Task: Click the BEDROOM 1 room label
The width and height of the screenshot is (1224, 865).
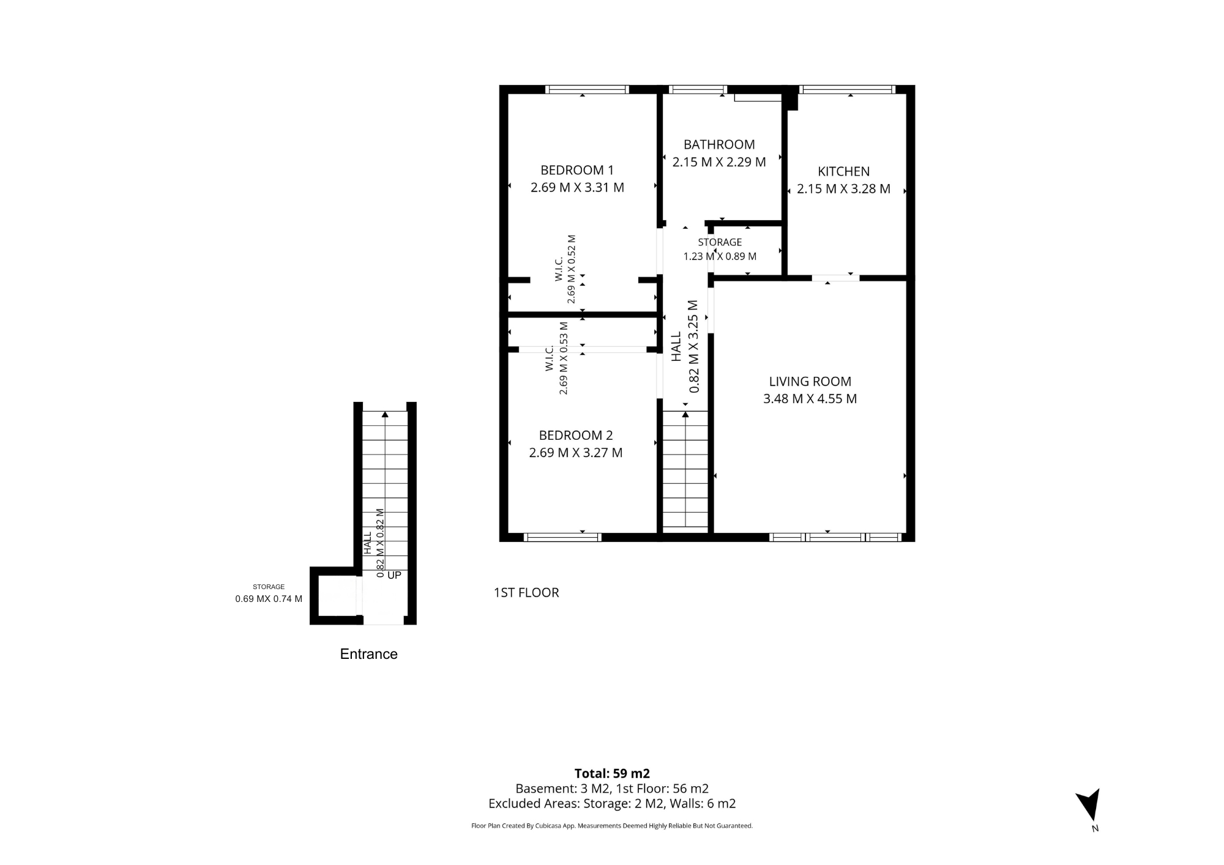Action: [577, 170]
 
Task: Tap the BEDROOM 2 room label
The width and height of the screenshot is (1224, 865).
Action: [576, 436]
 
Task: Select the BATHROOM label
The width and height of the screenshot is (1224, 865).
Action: [719, 144]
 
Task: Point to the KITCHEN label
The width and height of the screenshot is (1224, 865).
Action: [843, 171]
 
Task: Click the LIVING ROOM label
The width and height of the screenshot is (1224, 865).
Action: [810, 382]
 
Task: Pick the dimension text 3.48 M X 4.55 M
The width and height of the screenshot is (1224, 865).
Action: [810, 399]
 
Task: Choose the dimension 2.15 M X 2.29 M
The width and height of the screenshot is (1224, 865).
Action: [719, 162]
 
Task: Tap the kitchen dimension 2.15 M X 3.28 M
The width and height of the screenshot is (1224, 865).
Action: [843, 189]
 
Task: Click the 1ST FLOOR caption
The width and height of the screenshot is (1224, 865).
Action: [526, 593]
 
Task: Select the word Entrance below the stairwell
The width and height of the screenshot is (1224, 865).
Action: [369, 654]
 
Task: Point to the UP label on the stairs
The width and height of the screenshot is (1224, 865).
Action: [394, 576]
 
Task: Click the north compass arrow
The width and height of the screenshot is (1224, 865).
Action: [1089, 804]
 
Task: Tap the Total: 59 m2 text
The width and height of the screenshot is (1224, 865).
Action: [612, 773]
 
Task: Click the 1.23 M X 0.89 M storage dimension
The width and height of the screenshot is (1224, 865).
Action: [720, 256]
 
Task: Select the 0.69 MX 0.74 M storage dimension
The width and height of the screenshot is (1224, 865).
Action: [269, 599]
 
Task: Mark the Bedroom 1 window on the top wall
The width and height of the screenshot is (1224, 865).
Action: [587, 89]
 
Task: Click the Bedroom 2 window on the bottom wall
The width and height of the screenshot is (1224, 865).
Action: [562, 538]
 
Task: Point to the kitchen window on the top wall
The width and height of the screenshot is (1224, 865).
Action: [848, 89]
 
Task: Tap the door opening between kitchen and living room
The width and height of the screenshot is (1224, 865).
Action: [836, 278]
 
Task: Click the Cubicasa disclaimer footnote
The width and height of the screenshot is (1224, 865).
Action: [612, 826]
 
